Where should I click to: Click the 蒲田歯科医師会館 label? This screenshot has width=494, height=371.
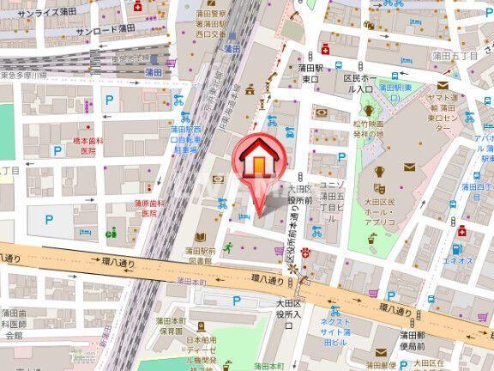click(15, 325)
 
